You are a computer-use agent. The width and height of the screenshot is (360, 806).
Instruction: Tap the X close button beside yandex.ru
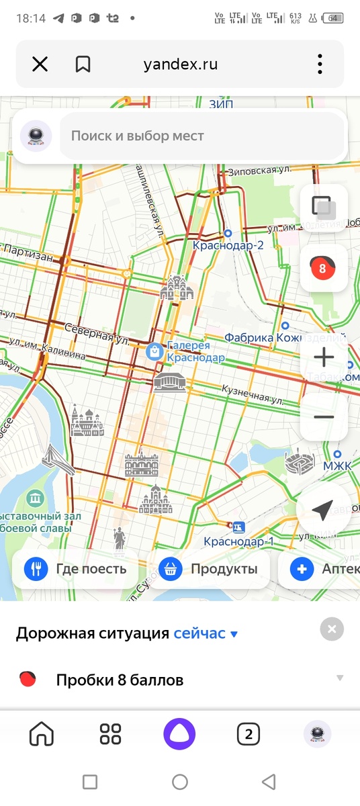click(40, 64)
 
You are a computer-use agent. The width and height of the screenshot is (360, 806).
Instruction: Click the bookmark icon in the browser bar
click(83, 64)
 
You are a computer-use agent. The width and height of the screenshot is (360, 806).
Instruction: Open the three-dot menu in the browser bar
click(320, 64)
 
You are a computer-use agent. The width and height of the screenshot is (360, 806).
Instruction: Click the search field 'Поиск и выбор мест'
click(201, 136)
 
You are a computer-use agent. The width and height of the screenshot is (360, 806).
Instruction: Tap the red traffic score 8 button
click(322, 269)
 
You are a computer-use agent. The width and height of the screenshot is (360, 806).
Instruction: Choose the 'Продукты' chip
click(209, 570)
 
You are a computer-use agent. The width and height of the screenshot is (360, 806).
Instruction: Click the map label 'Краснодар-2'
click(228, 245)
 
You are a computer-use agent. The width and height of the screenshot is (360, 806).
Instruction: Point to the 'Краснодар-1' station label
click(239, 541)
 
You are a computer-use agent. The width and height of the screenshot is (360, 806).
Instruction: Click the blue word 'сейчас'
click(199, 633)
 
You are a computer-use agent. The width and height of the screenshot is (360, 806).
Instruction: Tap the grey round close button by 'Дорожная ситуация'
click(332, 629)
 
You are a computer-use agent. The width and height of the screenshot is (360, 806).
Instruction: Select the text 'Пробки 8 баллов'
click(120, 680)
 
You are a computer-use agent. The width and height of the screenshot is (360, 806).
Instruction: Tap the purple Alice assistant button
click(179, 734)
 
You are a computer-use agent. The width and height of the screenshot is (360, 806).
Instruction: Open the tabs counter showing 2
click(249, 734)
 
